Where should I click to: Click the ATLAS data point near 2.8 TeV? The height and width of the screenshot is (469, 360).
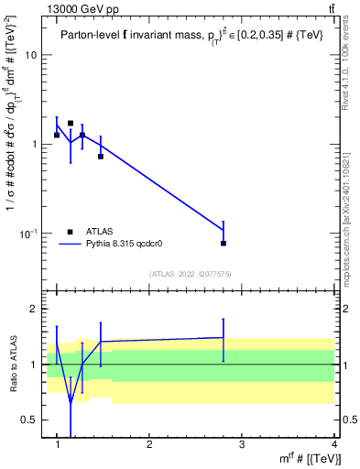pyautogui.click(x=224, y=243)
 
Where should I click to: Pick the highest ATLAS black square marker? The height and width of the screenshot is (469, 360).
pyautogui.click(x=71, y=123)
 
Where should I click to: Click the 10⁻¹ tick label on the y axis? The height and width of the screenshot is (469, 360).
pyautogui.click(x=29, y=234)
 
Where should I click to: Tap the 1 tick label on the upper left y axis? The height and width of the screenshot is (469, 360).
pyautogui.click(x=35, y=145)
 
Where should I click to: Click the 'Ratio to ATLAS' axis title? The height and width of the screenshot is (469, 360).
pyautogui.click(x=13, y=365)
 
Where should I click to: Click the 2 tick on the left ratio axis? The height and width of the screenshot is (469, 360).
pyautogui.click(x=35, y=310)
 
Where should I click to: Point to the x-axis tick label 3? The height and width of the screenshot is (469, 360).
pyautogui.click(x=242, y=444)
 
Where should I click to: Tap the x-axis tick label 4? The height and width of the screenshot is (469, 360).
pyautogui.click(x=333, y=444)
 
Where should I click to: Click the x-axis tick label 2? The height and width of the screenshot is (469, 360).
pyautogui.click(x=149, y=444)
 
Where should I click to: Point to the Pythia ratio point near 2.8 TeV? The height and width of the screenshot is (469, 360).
pyautogui.click(x=224, y=337)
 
